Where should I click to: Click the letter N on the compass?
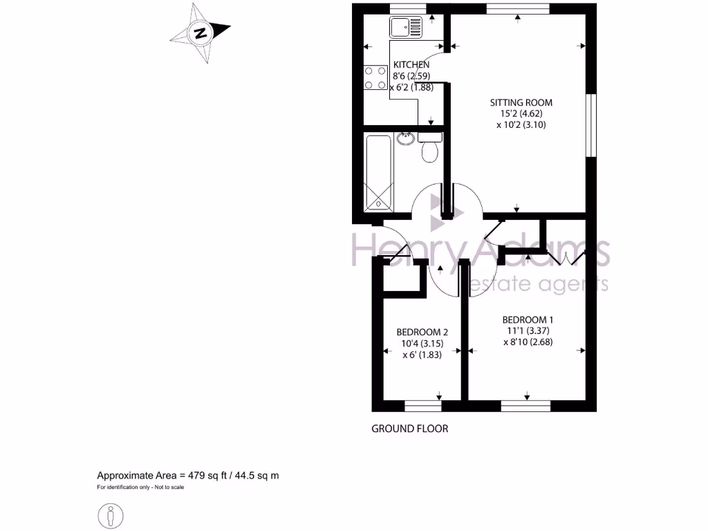coord(201,32)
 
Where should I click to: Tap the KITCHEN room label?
coord(411,64)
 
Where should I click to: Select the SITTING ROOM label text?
coord(526,102)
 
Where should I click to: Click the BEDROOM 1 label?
coord(528,319)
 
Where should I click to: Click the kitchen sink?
coord(404,28)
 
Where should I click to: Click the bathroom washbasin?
coord(407,138)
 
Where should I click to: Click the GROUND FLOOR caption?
coord(410,429)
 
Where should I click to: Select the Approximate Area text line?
coord(187,476)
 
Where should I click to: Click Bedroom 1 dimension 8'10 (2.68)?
coord(529,342)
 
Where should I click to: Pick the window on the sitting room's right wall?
coord(591,124)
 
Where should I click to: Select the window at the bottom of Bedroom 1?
coord(525,406)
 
